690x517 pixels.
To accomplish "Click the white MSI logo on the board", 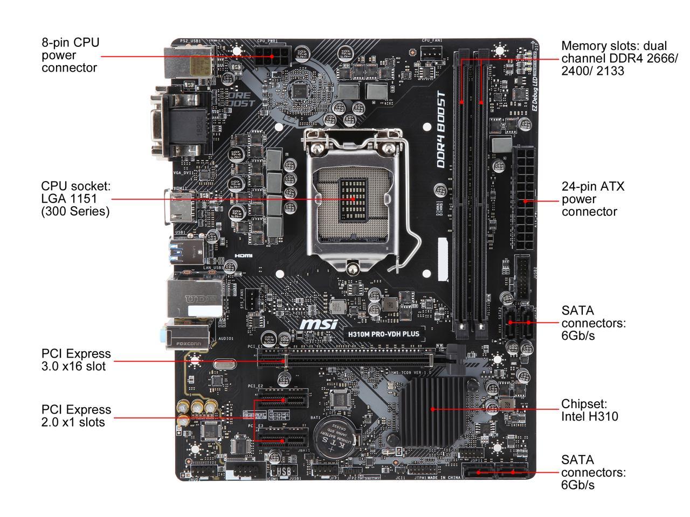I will coord(319,324).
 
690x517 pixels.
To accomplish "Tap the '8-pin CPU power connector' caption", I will coord(71,55).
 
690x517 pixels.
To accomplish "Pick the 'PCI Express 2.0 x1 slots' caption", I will coord(76,416).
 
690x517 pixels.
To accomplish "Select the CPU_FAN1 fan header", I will coord(432,52).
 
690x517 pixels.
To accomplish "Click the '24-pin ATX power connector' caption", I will coord(593,199).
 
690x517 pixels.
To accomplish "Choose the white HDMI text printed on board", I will coord(244,256).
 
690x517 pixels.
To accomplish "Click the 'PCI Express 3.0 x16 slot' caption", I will coord(76,360).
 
